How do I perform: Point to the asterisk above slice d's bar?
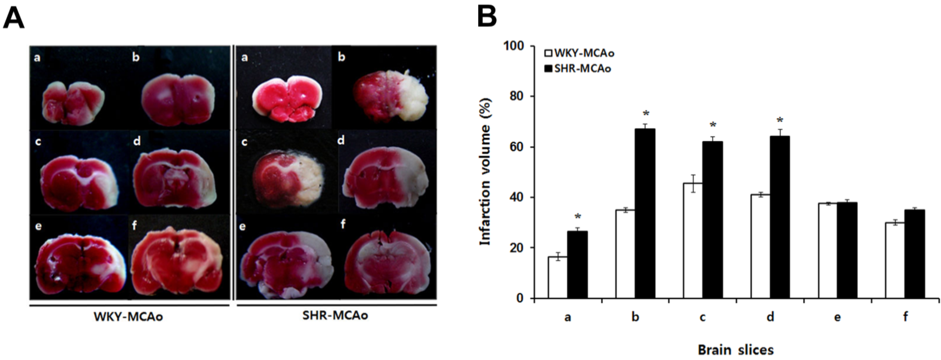pyautogui.click(x=780, y=120)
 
